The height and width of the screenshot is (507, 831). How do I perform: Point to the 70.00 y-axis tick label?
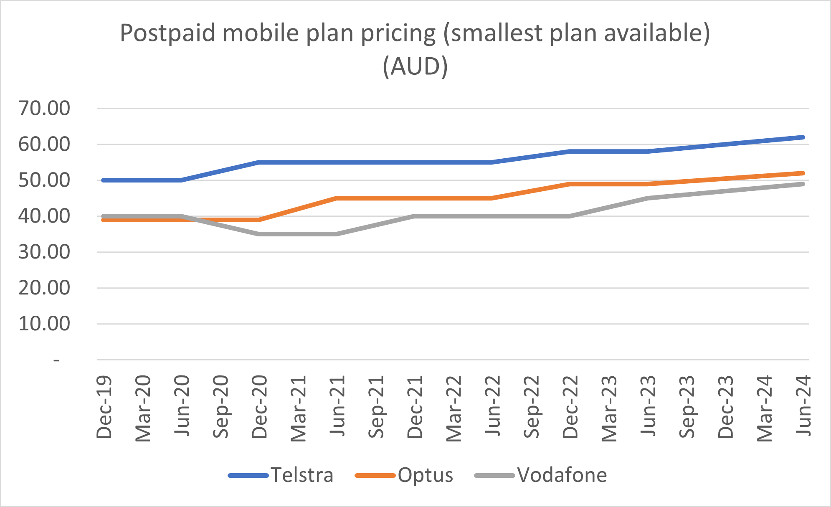44,109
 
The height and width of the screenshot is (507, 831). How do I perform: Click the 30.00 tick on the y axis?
44,252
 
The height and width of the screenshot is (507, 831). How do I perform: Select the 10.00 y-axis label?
44,324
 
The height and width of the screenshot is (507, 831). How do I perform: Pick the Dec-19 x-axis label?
104,407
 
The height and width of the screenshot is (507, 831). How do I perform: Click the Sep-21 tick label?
376,407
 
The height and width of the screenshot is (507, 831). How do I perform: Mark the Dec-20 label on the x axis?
259,407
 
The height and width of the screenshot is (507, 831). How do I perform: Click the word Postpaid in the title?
167,33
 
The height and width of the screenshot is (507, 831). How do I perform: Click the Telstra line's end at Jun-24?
803,137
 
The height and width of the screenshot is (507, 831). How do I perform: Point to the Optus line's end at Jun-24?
803,173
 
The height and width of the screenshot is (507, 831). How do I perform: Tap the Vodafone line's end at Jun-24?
803,184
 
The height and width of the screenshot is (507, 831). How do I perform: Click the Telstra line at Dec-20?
259,162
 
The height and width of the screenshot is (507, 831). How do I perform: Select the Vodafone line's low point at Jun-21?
337,234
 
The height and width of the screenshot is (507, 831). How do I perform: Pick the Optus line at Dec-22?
570,184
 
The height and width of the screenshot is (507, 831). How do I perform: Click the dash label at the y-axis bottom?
56,360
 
